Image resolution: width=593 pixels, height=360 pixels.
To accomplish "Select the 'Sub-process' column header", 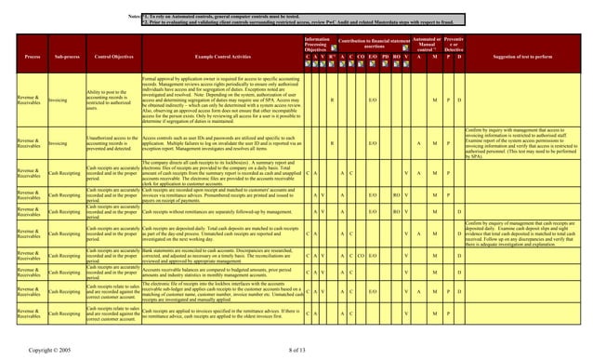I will (64, 56).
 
